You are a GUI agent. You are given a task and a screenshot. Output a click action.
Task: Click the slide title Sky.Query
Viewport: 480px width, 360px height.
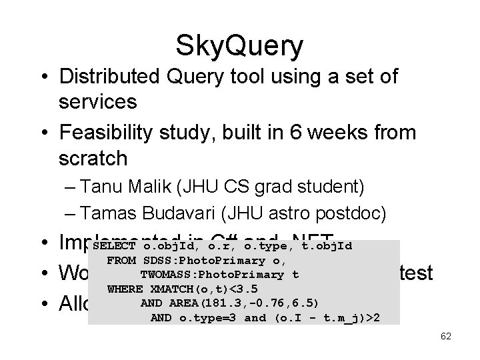tap(239, 46)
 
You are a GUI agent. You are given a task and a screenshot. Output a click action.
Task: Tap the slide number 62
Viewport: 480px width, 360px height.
tap(445, 336)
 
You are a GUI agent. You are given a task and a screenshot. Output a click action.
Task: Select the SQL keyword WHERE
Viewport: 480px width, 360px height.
tap(125, 289)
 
